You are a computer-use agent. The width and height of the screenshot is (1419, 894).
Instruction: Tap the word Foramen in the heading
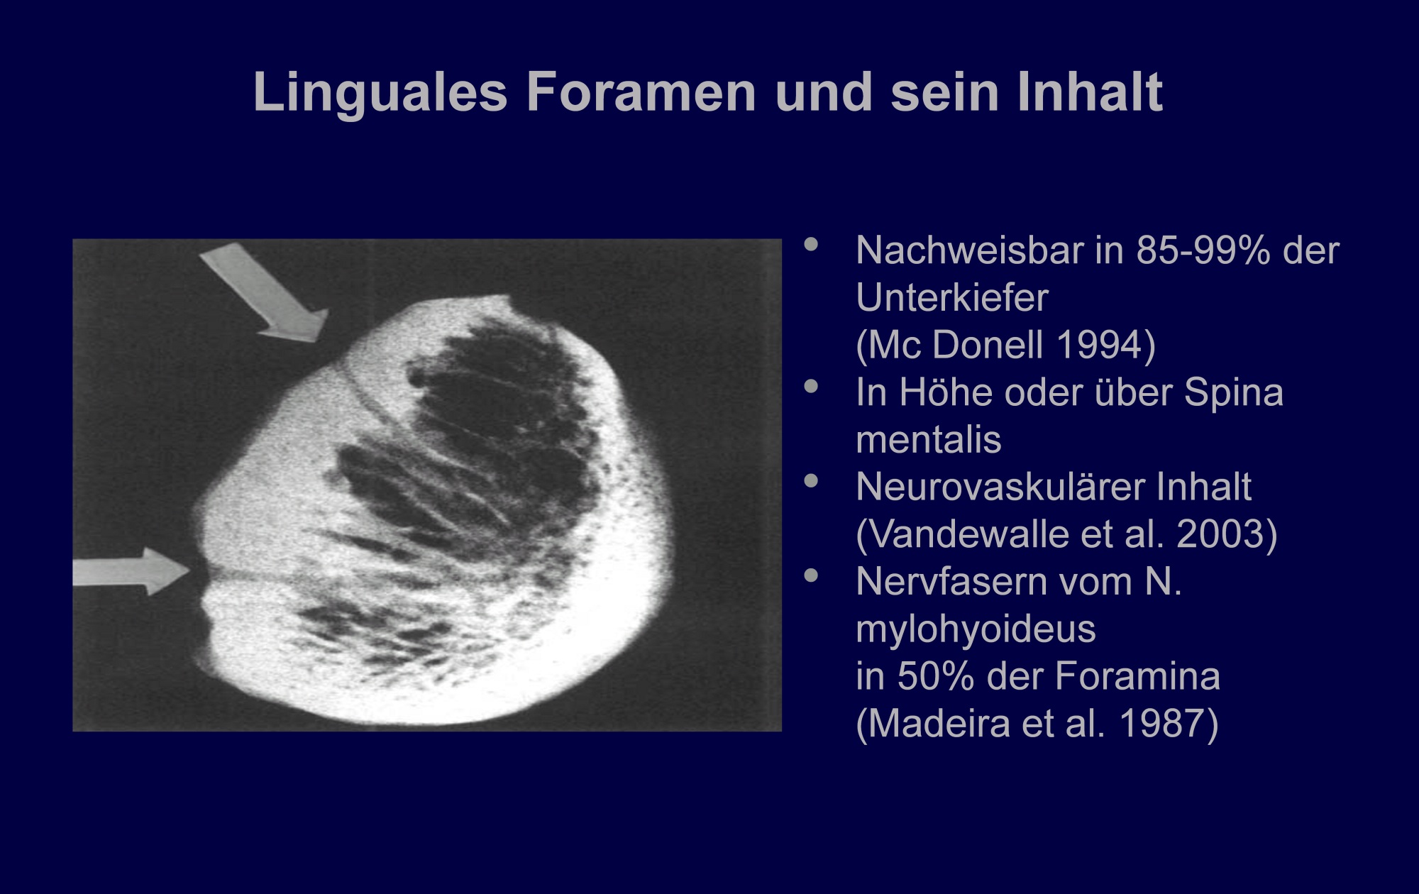pos(641,92)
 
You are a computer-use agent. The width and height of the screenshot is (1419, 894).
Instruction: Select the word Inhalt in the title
pos(1091,92)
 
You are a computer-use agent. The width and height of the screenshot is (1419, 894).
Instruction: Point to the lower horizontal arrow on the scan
pos(131,571)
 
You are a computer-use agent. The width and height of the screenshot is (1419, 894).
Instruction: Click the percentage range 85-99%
pos(1203,250)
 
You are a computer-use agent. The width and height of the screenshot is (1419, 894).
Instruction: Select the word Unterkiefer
pos(952,297)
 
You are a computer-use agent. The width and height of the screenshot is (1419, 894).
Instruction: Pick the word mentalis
pos(929,440)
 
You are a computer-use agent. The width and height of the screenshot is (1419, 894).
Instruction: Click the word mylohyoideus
pos(976,629)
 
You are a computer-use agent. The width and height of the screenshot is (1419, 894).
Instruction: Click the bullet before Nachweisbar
pos(811,245)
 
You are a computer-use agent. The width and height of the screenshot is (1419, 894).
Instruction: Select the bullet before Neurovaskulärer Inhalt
pos(811,481)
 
